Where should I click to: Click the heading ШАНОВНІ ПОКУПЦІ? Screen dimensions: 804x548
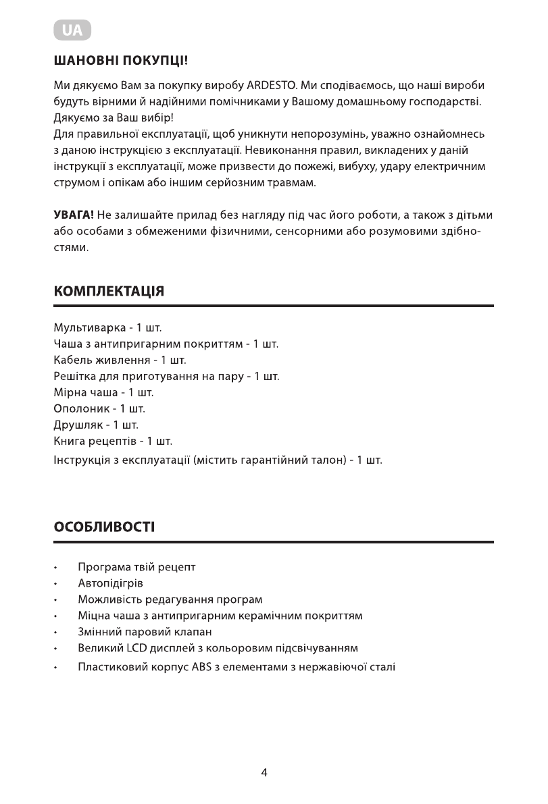point(120,61)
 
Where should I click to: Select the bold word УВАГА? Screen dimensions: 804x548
point(74,216)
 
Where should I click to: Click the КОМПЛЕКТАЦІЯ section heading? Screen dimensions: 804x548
point(109,292)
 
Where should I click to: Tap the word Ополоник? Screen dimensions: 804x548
point(80,409)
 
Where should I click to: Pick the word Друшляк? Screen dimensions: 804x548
point(78,425)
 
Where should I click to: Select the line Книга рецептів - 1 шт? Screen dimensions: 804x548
point(112,441)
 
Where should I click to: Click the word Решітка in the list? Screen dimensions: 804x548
point(76,377)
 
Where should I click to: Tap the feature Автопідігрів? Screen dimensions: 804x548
point(110,583)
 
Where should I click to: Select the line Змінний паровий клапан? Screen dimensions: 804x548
point(145,633)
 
